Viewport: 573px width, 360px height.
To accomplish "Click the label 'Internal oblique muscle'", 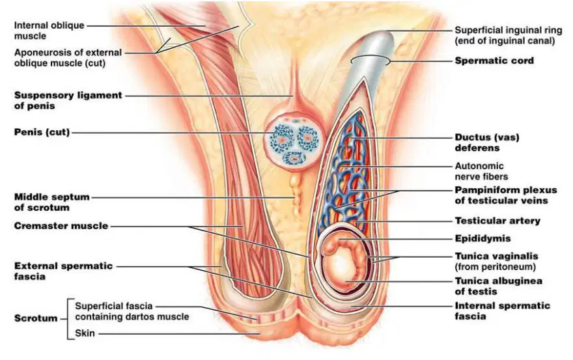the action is (x=49, y=31).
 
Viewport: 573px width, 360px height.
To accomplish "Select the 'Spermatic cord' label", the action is (x=494, y=61).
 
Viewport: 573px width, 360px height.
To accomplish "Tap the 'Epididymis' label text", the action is (x=482, y=239).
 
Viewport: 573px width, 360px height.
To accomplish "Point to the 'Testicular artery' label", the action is (x=497, y=221).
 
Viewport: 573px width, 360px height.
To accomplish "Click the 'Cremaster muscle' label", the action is (x=61, y=226).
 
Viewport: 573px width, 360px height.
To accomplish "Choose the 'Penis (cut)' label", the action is (x=42, y=132).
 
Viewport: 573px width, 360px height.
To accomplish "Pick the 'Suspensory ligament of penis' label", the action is (x=68, y=100).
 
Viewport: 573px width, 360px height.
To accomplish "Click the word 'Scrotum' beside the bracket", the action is (x=36, y=318).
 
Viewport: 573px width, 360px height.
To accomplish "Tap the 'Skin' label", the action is (x=85, y=333).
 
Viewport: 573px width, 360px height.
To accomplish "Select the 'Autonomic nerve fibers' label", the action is (x=481, y=171).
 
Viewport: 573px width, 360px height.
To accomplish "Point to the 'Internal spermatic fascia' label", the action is (x=502, y=311).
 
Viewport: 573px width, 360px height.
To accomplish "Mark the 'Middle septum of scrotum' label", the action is (x=51, y=202).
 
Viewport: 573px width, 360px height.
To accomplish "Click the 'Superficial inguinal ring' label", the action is (x=509, y=35).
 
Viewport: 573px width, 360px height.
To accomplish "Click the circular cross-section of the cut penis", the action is (x=296, y=142).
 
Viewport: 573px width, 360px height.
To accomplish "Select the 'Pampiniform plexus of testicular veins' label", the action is (x=505, y=195).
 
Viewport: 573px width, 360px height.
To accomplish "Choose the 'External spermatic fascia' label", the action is (x=63, y=271).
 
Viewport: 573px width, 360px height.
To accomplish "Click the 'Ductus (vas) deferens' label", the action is (x=487, y=143).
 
